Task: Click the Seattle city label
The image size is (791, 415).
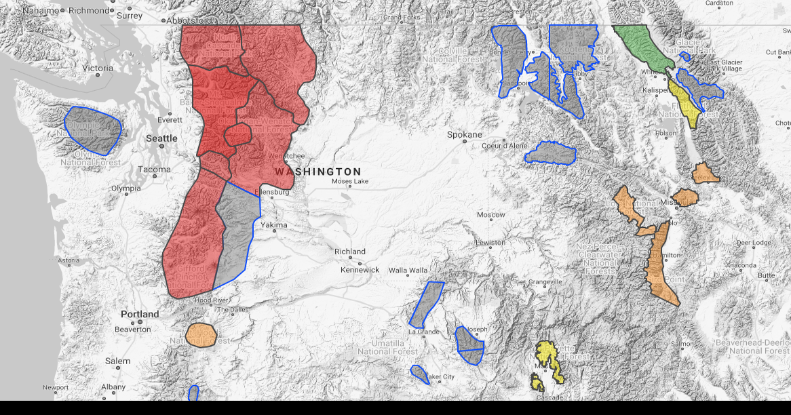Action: (161, 138)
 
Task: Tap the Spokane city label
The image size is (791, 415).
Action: (465, 135)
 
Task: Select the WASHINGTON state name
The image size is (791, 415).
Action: (318, 172)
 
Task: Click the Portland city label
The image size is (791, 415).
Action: (140, 314)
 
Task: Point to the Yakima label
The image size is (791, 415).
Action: (274, 224)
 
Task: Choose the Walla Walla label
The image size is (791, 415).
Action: (408, 271)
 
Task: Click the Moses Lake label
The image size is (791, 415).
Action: (350, 182)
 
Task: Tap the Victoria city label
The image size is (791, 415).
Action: (98, 68)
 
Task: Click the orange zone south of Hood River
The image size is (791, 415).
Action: (201, 334)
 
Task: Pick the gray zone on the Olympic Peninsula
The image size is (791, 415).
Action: (93, 129)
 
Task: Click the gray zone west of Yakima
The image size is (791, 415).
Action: (237, 234)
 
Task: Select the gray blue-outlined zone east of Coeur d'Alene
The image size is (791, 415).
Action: (550, 153)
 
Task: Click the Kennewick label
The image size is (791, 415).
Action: (360, 269)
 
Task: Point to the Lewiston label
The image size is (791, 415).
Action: (490, 243)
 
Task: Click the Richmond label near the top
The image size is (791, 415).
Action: (89, 11)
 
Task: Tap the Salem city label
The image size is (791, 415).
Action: (117, 361)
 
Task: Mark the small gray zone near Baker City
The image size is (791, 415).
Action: (419, 374)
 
